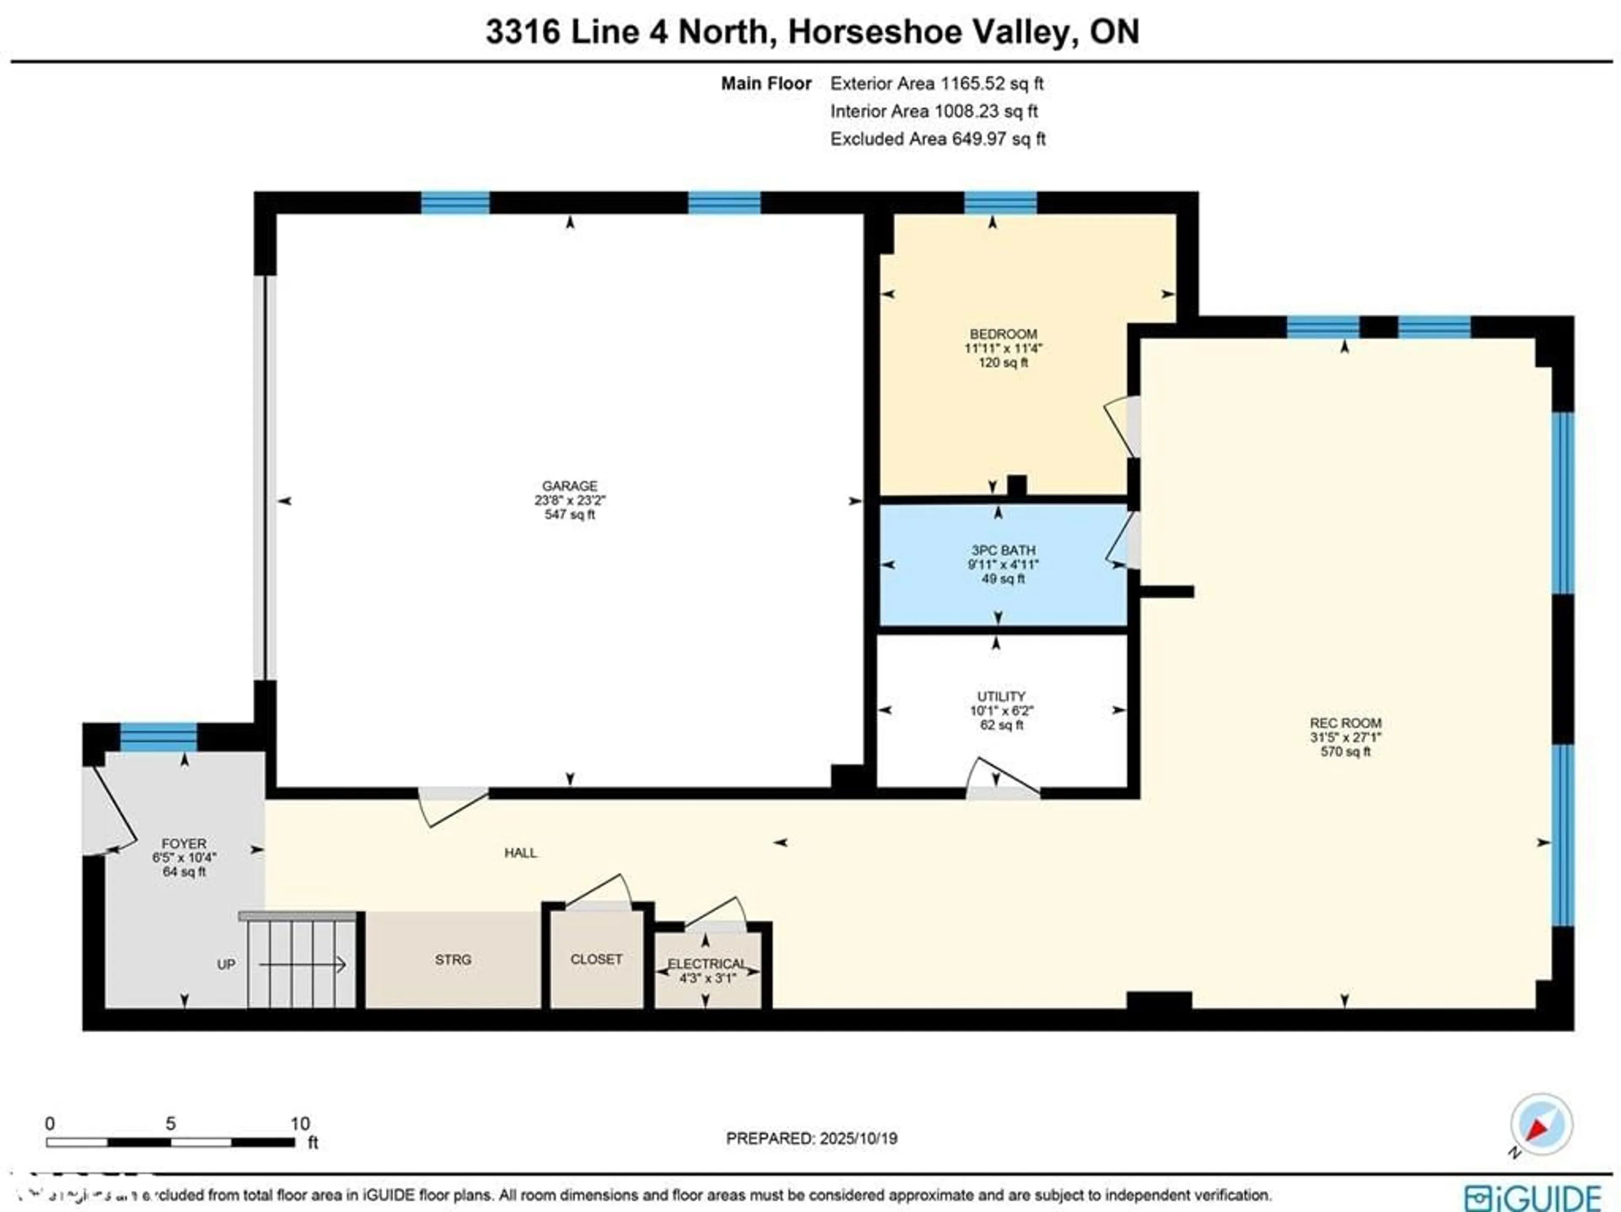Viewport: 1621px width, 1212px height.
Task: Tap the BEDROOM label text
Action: coord(1003,334)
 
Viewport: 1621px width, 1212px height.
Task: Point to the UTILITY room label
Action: coord(1000,696)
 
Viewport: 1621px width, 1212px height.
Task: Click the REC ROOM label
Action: coord(1345,723)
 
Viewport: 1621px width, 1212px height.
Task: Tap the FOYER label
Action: coord(184,844)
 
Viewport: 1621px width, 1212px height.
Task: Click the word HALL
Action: coord(520,853)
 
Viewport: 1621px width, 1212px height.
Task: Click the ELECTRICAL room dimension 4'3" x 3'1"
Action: coord(706,977)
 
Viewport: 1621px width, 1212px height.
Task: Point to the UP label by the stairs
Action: coord(226,964)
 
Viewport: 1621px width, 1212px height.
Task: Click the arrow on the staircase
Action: coord(302,964)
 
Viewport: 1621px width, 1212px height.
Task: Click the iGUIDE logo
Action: coord(1532,1197)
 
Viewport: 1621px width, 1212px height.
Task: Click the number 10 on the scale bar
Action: coord(300,1123)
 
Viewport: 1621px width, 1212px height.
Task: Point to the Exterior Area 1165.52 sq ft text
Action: coord(937,84)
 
